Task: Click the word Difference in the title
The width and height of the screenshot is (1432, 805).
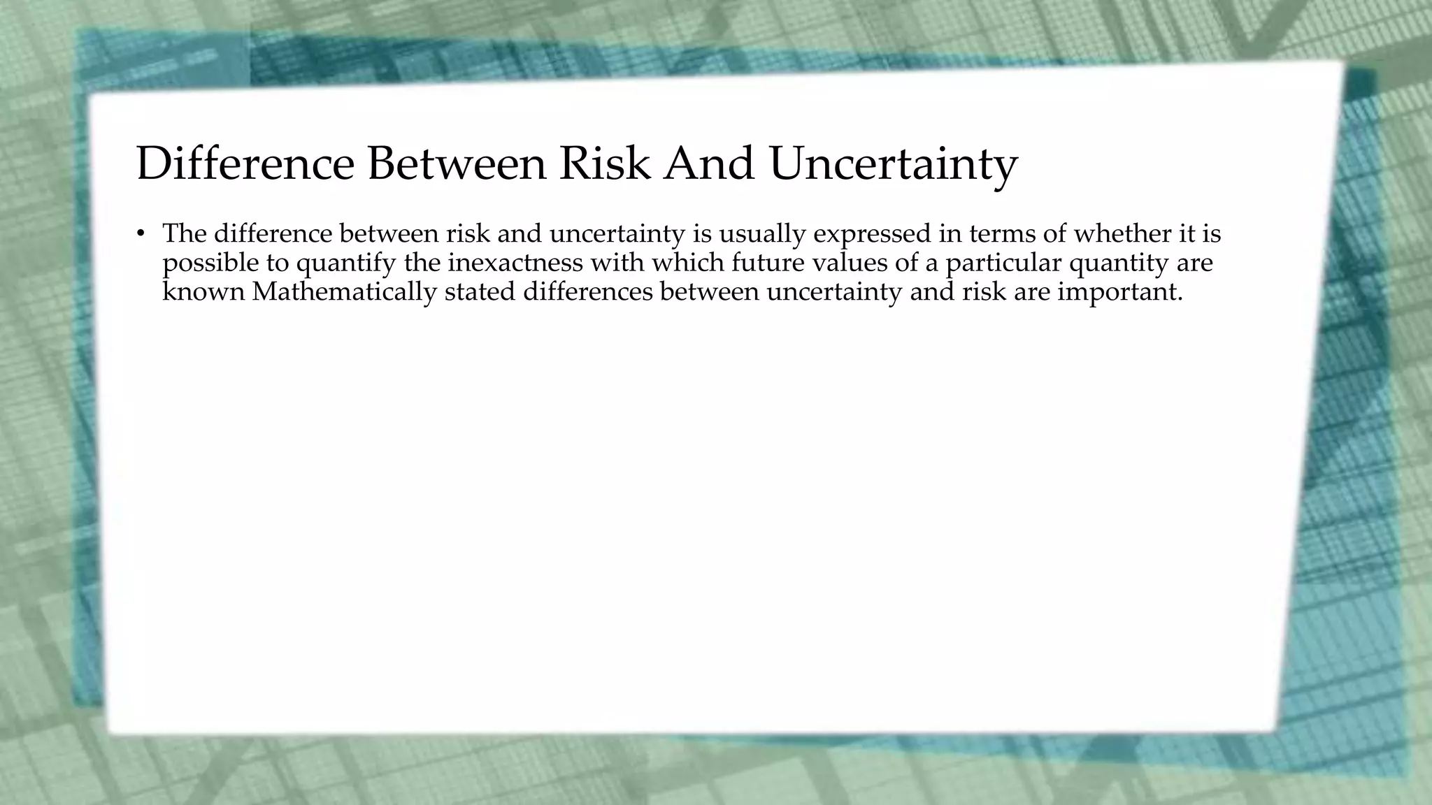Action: (245, 164)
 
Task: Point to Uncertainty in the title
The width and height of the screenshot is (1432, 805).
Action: (893, 165)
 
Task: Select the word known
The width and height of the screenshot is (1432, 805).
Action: (203, 291)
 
